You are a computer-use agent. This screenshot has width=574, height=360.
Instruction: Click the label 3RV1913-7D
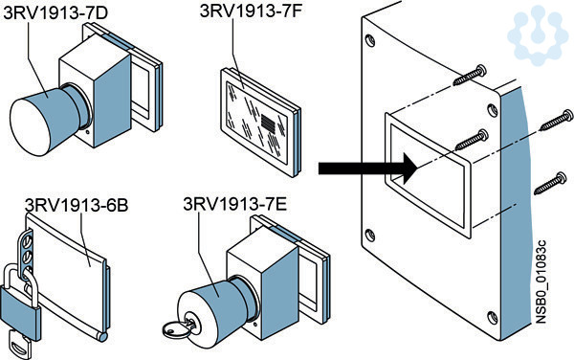tap(55, 12)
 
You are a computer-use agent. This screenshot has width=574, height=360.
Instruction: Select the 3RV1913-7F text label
tap(251, 11)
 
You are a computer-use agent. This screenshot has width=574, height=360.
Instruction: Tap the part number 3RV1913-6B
tap(77, 205)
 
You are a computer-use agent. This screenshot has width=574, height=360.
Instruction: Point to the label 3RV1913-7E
tap(235, 204)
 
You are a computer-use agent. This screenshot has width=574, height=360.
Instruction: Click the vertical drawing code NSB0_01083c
tap(541, 281)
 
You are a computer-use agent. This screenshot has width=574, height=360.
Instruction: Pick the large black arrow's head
tap(410, 169)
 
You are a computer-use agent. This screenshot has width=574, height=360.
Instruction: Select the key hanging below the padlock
tap(20, 344)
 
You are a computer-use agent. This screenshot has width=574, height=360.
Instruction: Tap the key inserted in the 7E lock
tap(177, 327)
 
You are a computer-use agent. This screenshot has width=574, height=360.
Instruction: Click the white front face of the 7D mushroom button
tap(30, 127)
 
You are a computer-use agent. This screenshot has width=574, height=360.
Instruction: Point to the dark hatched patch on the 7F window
tap(268, 123)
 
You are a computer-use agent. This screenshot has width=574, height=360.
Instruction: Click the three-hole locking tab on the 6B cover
tap(27, 253)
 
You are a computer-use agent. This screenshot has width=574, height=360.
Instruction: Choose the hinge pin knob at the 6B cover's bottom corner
tap(103, 337)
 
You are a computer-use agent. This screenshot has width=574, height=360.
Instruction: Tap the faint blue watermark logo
tap(537, 32)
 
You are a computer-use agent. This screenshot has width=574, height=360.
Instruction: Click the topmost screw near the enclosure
tap(471, 75)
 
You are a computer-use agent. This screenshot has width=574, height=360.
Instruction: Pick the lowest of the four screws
tap(550, 184)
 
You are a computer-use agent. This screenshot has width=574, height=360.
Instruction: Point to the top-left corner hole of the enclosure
tap(370, 40)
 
